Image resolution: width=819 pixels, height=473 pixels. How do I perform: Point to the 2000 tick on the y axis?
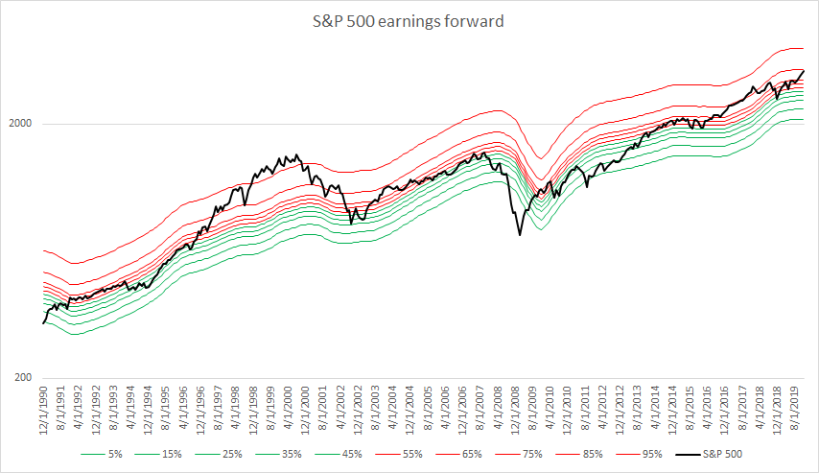[21, 124]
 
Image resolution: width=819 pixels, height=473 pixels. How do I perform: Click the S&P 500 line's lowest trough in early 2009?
[520, 234]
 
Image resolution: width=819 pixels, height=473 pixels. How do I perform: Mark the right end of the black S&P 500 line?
[804, 70]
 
